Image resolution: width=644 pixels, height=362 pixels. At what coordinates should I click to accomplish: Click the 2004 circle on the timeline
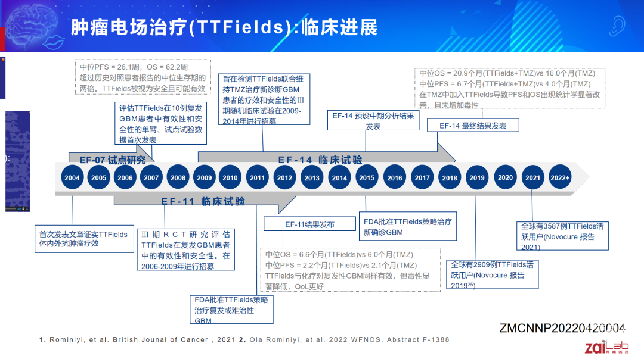[72, 177]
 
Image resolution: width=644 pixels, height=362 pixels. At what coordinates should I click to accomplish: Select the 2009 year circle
[204, 177]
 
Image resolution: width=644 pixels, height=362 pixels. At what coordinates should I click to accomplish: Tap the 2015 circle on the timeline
[367, 177]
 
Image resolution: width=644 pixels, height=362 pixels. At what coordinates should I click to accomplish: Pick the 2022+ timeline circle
[560, 177]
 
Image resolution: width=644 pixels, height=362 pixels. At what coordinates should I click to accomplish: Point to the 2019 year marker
[477, 177]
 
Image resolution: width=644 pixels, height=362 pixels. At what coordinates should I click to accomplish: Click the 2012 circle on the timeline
[284, 177]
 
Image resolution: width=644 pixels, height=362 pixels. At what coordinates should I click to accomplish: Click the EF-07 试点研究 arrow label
[112, 160]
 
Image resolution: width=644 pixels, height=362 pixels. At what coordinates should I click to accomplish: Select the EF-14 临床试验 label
[320, 160]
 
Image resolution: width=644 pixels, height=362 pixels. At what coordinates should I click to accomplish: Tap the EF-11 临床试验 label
[203, 201]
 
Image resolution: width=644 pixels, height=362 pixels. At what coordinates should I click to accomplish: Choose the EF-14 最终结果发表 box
[473, 126]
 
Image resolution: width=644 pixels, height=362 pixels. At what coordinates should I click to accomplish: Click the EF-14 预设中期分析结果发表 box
[373, 121]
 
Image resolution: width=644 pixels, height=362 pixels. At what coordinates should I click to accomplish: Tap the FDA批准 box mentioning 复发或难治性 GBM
[231, 310]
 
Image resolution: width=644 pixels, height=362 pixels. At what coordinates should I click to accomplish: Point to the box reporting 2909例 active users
[493, 274]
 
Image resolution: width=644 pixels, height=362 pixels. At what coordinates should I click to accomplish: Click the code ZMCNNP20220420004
[562, 328]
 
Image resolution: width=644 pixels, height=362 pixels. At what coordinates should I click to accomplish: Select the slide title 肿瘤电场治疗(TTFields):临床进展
[224, 27]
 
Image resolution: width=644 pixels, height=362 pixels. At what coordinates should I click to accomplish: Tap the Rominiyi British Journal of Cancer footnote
[136, 340]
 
